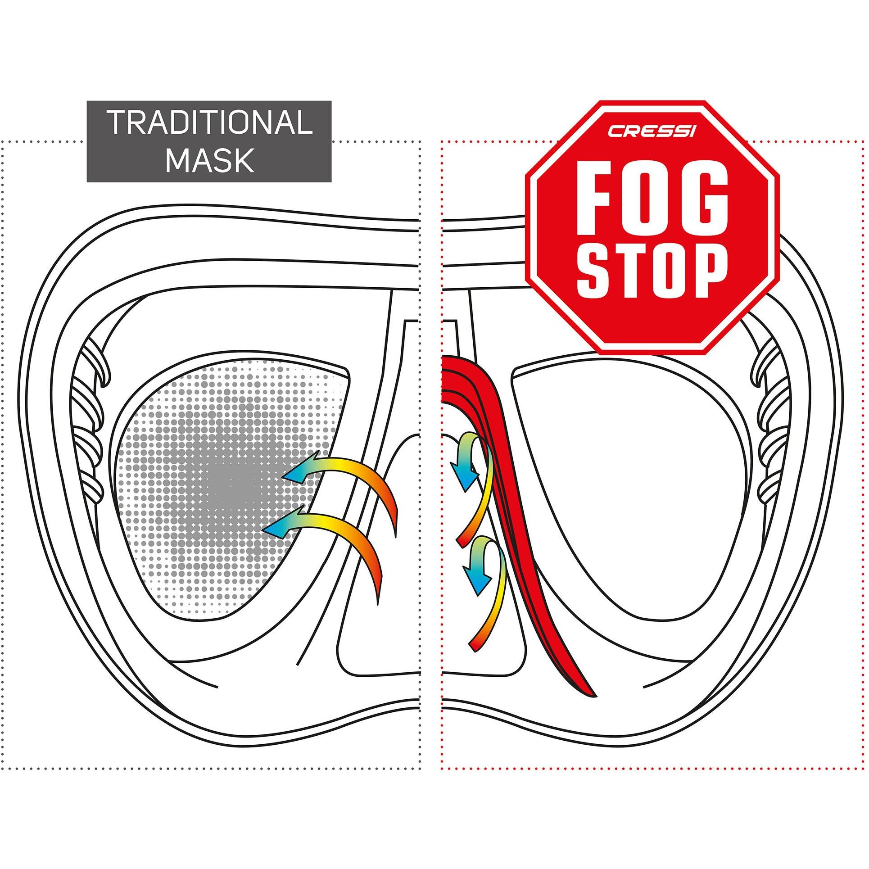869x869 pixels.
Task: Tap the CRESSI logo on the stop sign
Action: tap(652, 131)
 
